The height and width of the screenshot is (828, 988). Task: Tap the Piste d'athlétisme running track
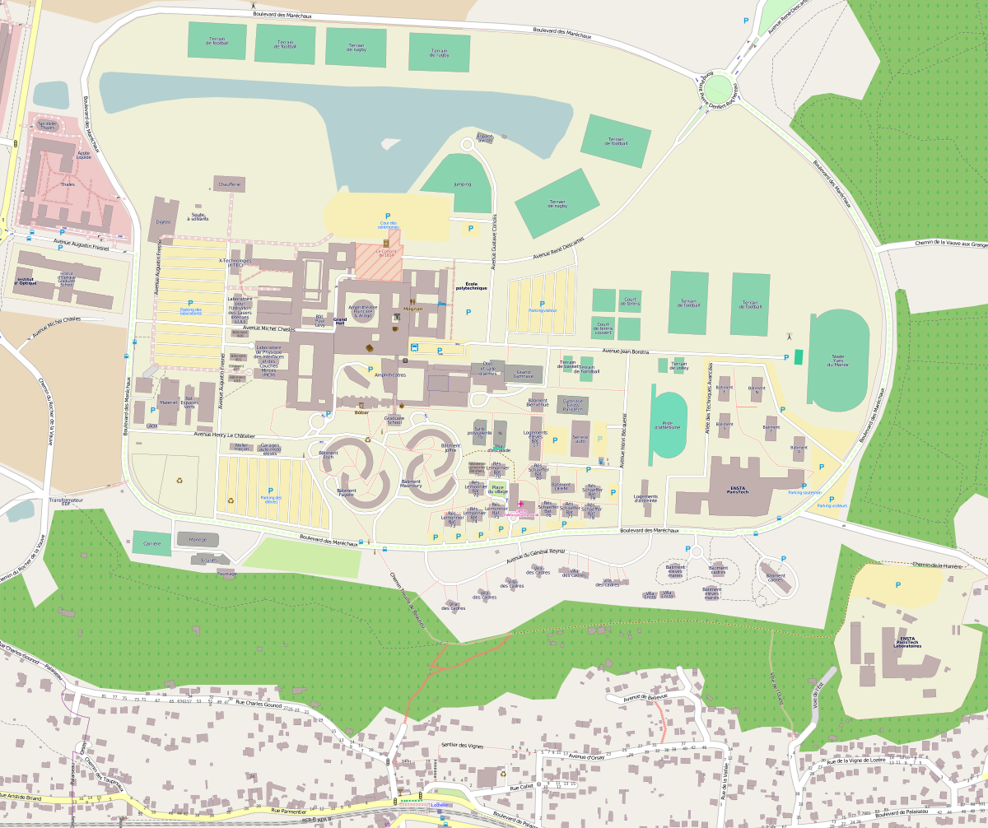click(x=669, y=426)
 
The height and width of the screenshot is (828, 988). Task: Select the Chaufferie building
click(x=229, y=184)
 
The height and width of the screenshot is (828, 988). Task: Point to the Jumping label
click(x=462, y=185)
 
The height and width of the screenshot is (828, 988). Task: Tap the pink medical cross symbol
click(x=520, y=503)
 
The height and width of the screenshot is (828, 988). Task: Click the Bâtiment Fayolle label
click(x=347, y=492)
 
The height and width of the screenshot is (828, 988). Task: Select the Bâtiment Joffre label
click(x=450, y=448)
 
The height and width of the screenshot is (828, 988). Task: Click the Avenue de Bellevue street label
click(x=645, y=697)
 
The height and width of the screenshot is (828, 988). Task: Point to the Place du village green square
click(x=499, y=490)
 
